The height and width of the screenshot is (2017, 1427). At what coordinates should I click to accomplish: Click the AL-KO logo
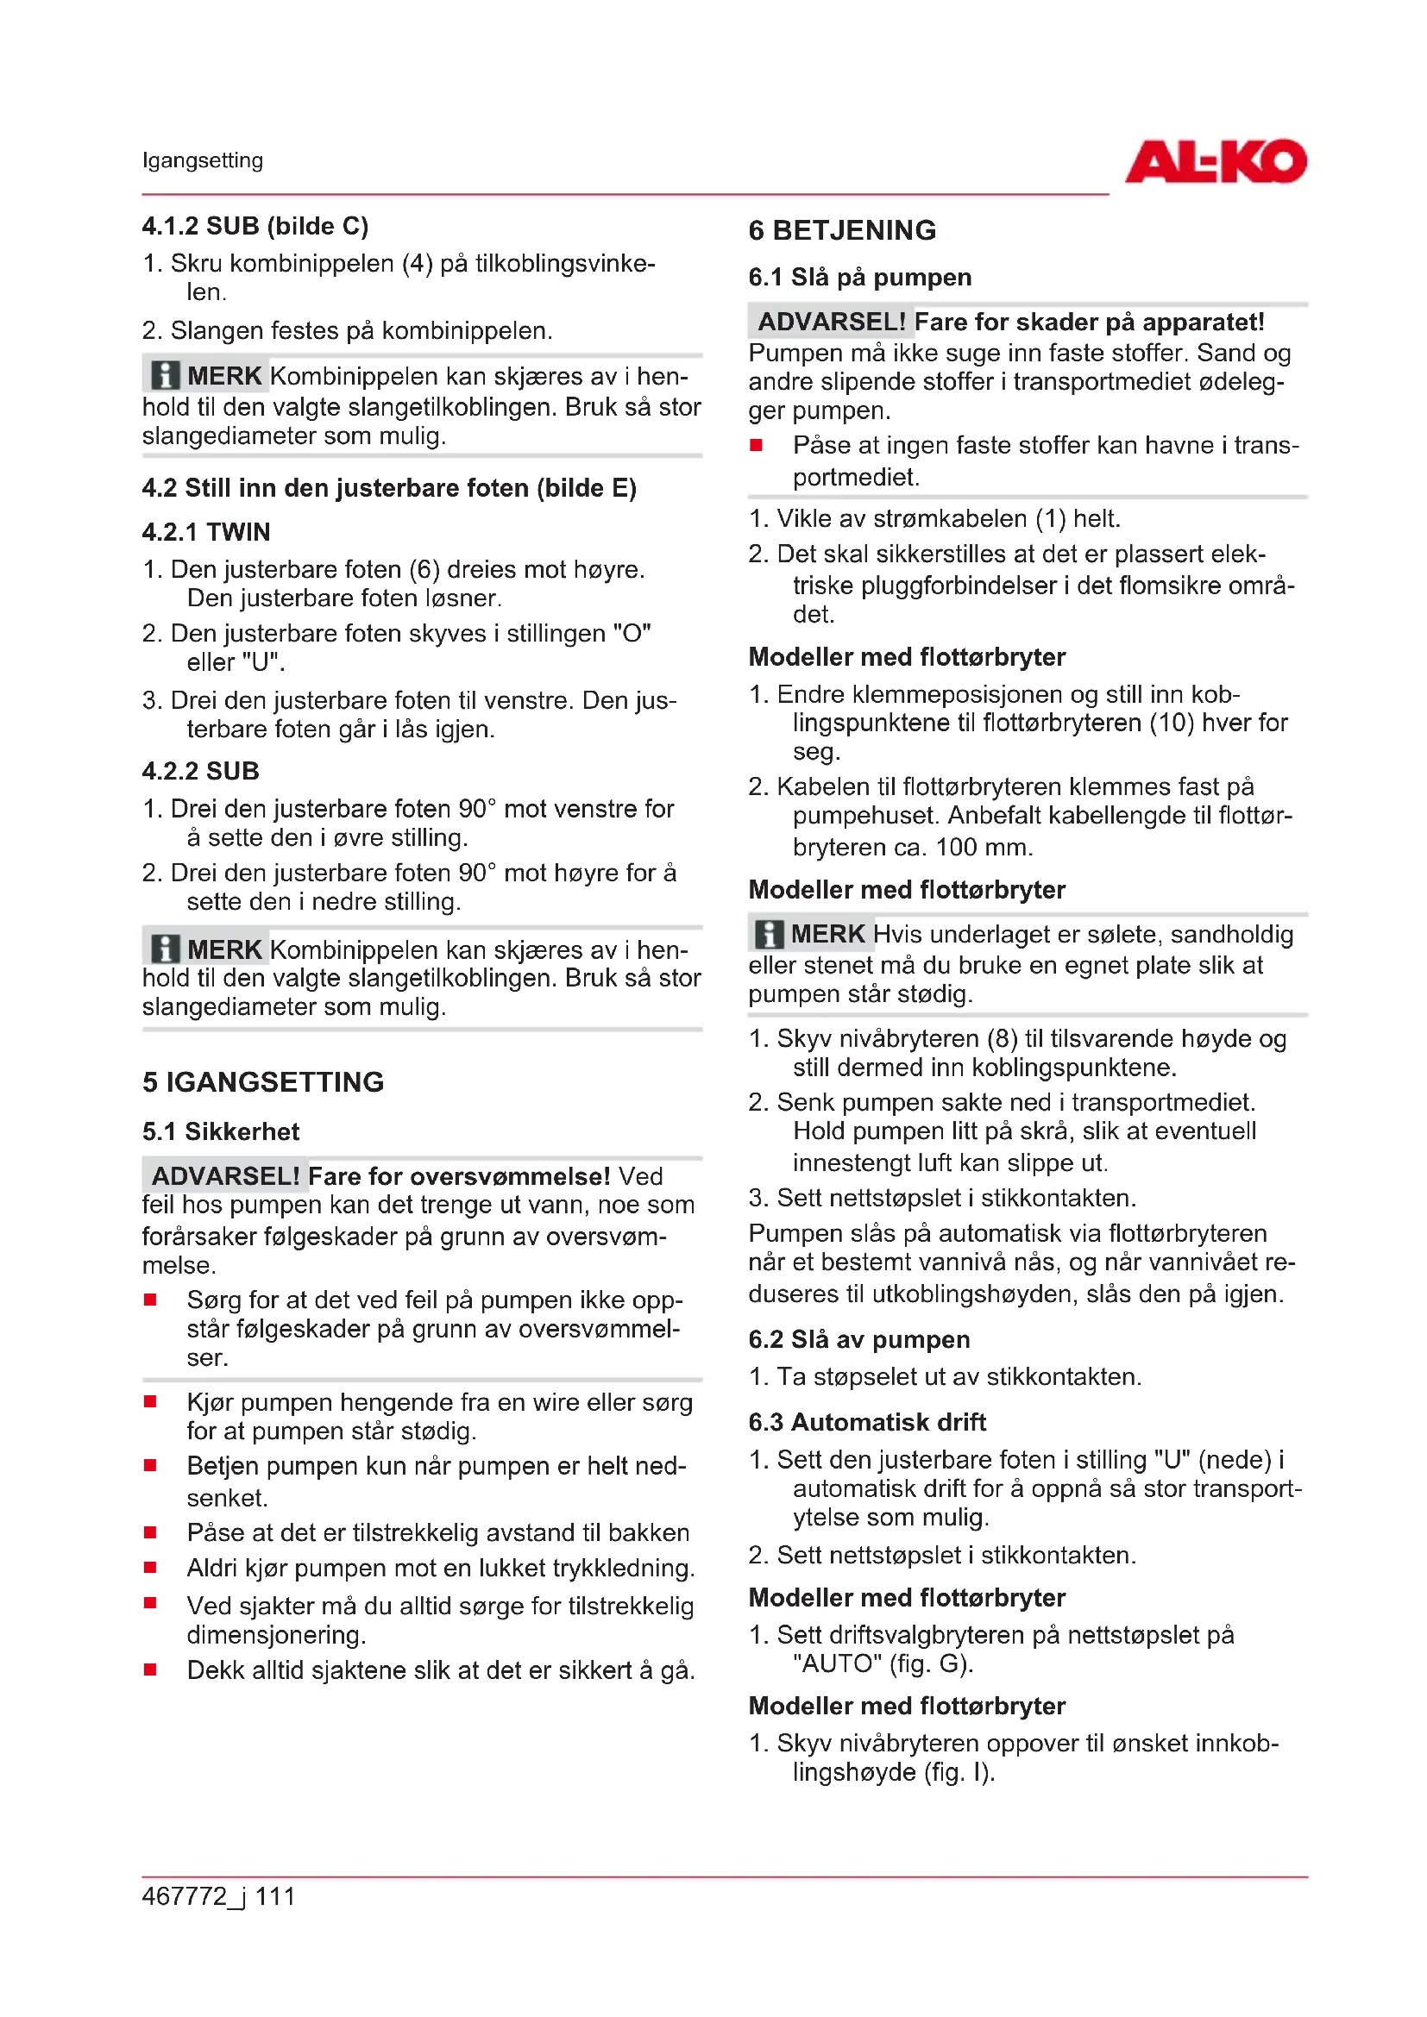[x=1216, y=161]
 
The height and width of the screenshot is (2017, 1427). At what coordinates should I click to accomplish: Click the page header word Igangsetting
[x=202, y=160]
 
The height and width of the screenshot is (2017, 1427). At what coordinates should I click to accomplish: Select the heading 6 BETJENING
[x=842, y=230]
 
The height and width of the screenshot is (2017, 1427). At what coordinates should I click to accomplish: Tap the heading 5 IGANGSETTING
[x=263, y=1081]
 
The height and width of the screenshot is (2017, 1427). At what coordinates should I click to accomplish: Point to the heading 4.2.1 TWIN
[x=205, y=531]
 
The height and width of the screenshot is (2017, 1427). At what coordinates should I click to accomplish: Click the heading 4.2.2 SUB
[x=200, y=770]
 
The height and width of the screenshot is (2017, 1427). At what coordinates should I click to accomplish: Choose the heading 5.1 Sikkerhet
[x=221, y=1131]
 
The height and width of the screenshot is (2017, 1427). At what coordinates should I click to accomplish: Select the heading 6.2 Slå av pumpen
[x=858, y=1339]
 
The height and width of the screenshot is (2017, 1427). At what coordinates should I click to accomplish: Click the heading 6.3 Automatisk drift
[x=866, y=1421]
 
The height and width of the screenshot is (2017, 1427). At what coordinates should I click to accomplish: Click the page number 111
[x=275, y=1895]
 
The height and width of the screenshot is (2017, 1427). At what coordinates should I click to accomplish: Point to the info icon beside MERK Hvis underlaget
[x=769, y=934]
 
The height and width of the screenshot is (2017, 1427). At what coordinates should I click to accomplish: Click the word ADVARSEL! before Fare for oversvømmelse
[x=226, y=1175]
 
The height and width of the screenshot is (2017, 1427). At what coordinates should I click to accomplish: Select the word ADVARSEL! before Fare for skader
[x=831, y=322]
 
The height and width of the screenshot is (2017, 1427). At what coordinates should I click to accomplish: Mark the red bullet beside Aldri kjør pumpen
[x=150, y=1567]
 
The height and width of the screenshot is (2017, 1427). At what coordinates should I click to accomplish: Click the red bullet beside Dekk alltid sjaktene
[x=150, y=1669]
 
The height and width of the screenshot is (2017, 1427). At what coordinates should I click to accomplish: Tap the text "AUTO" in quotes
[x=837, y=1663]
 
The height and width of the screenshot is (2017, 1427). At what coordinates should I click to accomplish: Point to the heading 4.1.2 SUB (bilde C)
[x=255, y=226]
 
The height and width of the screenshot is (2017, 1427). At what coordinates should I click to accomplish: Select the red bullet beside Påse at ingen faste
[x=756, y=445]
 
